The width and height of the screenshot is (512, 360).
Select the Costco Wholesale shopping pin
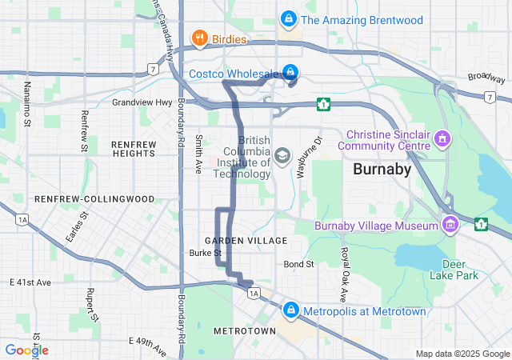[291, 72]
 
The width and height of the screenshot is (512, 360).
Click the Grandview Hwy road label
[142, 102]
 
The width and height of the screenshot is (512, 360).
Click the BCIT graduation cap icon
[282, 154]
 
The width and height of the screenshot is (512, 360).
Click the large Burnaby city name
[382, 170]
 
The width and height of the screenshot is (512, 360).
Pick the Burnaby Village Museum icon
[450, 225]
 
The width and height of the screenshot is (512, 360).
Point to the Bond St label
[298, 264]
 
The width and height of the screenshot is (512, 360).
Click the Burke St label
[199, 253]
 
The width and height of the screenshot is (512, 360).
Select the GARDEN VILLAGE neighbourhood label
[246, 240]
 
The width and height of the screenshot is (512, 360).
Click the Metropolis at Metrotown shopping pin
[290, 310]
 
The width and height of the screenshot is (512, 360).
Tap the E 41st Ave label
[30, 282]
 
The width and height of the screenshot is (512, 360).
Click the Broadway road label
[486, 78]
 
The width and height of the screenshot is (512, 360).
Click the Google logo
[26, 350]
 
